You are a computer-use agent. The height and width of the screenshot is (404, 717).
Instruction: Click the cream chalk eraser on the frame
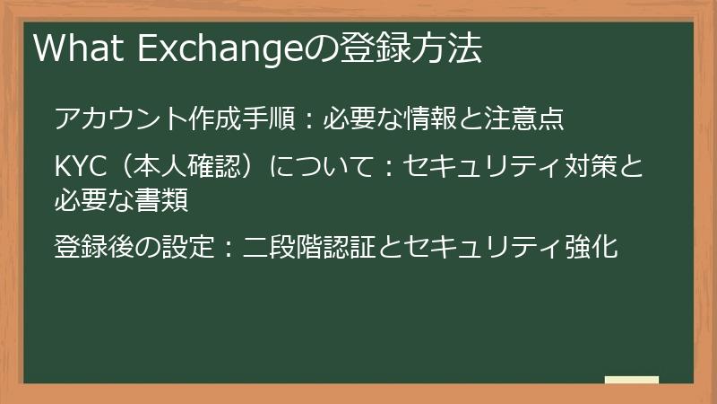click(631, 381)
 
